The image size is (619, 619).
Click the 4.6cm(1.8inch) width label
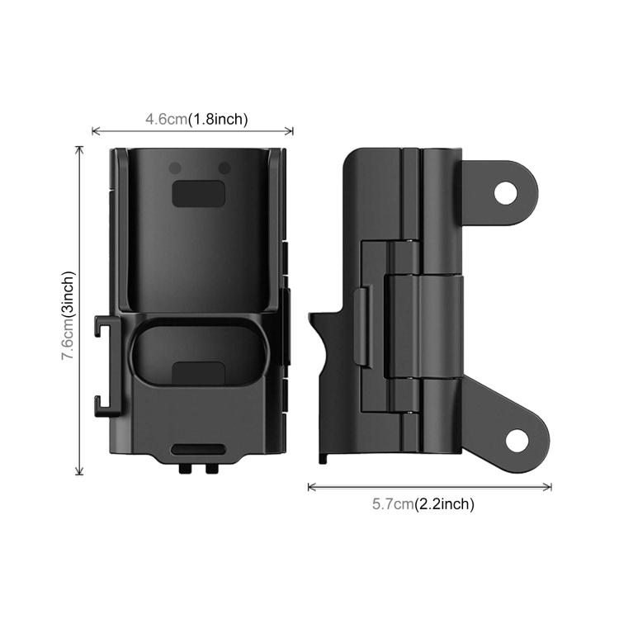coord(196,119)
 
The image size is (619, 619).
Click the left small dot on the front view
coord(175,168)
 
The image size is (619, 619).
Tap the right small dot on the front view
coord(224,168)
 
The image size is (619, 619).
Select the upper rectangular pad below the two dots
coord(199,194)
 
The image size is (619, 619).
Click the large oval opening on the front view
coord(198,355)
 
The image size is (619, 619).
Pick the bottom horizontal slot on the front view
coord(199,450)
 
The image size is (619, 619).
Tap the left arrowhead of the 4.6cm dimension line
coord(93,130)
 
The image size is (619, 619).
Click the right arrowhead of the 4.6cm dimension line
coord(291,130)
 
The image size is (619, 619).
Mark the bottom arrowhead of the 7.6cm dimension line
coord(80,473)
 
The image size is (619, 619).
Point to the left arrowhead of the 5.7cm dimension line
coord(310,487)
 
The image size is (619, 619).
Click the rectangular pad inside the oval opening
coord(199,372)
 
